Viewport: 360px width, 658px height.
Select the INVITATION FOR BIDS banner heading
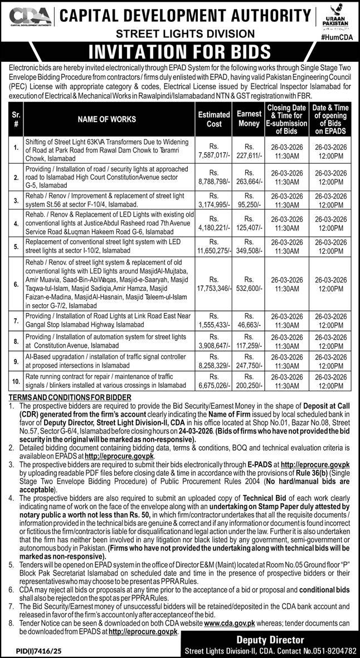(180, 52)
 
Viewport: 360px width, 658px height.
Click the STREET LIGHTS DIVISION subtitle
(180, 35)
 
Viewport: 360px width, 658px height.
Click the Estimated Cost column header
(214, 119)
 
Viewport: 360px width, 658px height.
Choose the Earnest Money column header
(249, 119)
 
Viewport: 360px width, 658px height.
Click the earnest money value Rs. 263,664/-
(249, 177)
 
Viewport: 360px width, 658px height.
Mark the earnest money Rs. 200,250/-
(249, 384)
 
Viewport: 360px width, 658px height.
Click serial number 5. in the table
(16, 246)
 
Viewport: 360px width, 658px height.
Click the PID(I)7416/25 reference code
(34, 650)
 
